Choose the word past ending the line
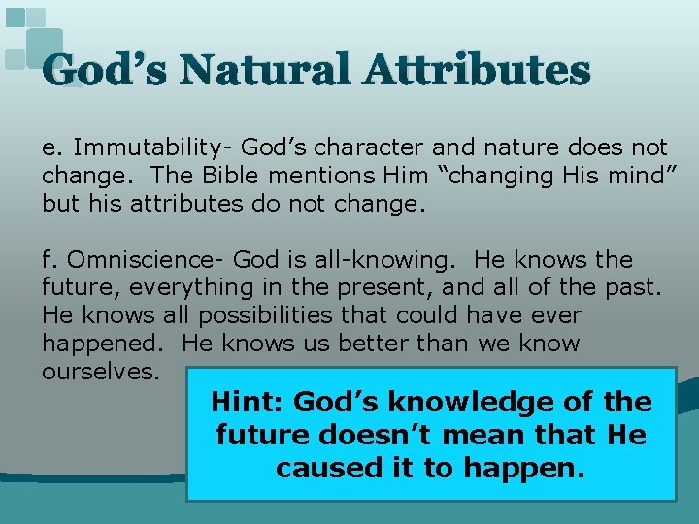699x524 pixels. [x=635, y=288]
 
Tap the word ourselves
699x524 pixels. [x=100, y=372]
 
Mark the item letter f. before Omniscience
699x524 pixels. [x=50, y=260]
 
